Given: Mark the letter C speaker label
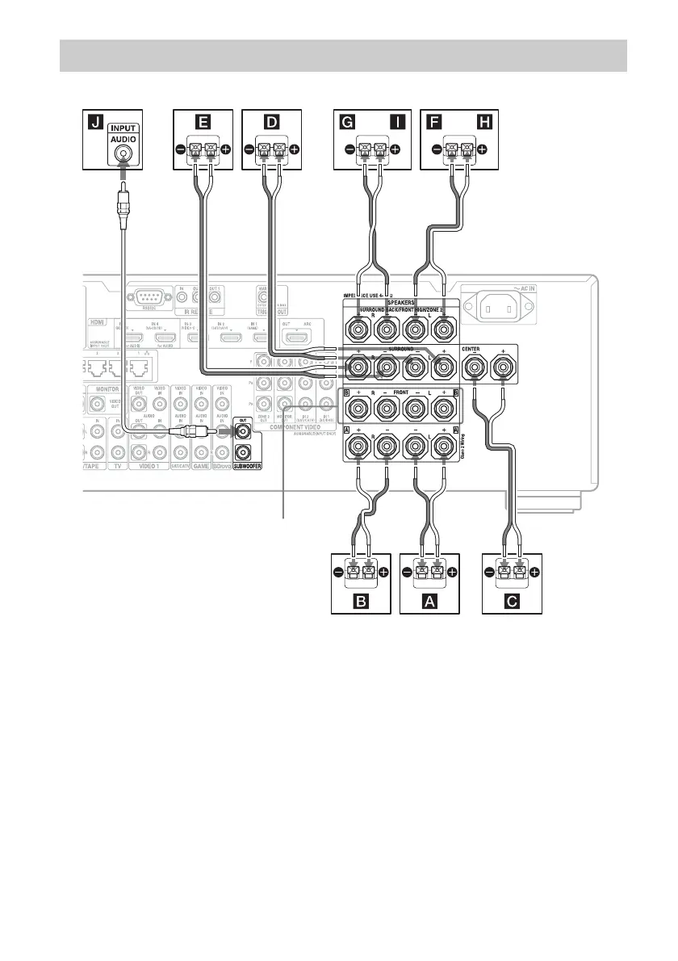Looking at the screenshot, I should pyautogui.click(x=512, y=600).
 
